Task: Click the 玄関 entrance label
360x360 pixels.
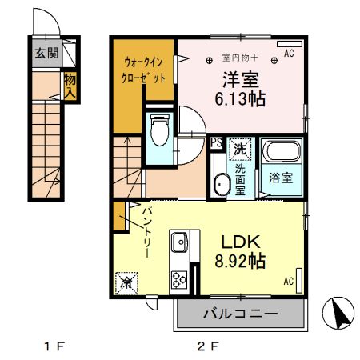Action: point(46,54)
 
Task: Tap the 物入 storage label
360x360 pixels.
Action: point(70,85)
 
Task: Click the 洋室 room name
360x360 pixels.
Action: point(239,80)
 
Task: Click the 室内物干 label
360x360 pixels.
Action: point(237,57)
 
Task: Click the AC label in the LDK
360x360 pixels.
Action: point(289,281)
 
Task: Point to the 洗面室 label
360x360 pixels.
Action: point(239,174)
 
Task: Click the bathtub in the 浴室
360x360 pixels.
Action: point(282,152)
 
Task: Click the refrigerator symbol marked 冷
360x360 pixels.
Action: point(126,282)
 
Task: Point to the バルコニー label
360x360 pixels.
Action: point(239,314)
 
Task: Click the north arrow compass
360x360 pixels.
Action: point(337,314)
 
